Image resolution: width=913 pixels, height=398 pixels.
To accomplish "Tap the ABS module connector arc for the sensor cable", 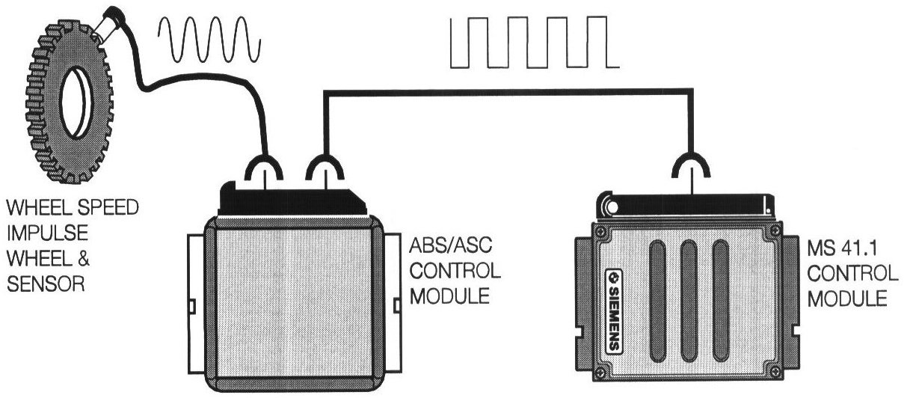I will point(266,168).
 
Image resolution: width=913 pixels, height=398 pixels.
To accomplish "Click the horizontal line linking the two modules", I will point(508,91).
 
